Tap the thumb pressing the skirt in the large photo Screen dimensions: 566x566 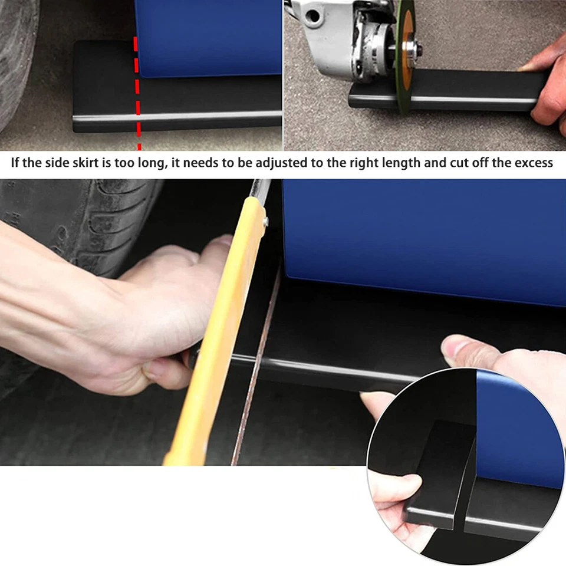(x=466, y=351)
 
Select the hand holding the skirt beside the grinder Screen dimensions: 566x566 (x=545, y=88)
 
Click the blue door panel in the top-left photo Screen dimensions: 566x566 (x=206, y=35)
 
